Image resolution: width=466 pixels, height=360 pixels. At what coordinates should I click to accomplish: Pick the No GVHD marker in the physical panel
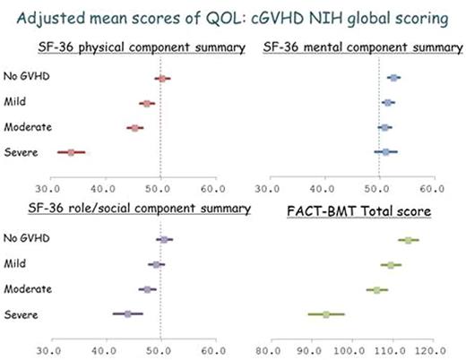coord(162,79)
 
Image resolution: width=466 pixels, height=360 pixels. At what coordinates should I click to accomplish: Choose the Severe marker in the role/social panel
coord(128,314)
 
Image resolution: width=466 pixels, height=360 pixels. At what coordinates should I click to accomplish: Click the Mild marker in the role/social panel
coord(156,265)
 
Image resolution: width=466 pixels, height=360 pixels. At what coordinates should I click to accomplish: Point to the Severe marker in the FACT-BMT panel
coord(326,314)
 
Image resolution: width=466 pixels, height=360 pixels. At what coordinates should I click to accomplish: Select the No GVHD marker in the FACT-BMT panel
coord(409,240)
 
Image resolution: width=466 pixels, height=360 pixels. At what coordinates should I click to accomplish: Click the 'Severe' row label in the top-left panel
coord(21,152)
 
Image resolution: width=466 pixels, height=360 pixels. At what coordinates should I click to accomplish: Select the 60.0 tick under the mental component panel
coord(434,189)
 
